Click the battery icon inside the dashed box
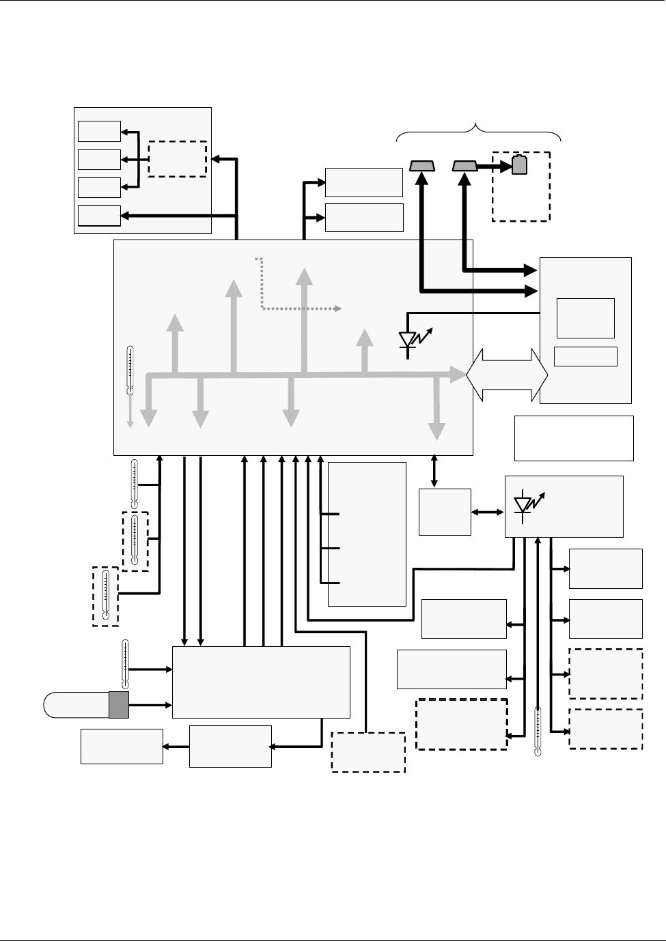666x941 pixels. (x=520, y=165)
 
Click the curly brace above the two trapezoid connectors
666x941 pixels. (x=479, y=131)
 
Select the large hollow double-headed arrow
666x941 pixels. (x=507, y=375)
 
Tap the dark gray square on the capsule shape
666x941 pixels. (x=119, y=705)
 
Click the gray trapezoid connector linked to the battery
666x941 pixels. (x=464, y=166)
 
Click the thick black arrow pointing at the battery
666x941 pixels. (x=493, y=166)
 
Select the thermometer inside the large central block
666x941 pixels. (x=130, y=371)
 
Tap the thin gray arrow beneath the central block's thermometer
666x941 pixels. (x=130, y=414)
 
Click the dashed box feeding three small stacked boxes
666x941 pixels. (x=178, y=159)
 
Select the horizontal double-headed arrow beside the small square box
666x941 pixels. (x=488, y=512)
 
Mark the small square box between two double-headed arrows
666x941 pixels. (x=445, y=512)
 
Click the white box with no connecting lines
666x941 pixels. (x=574, y=438)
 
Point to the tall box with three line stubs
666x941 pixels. (x=367, y=534)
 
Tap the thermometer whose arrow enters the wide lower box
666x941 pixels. (x=126, y=663)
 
